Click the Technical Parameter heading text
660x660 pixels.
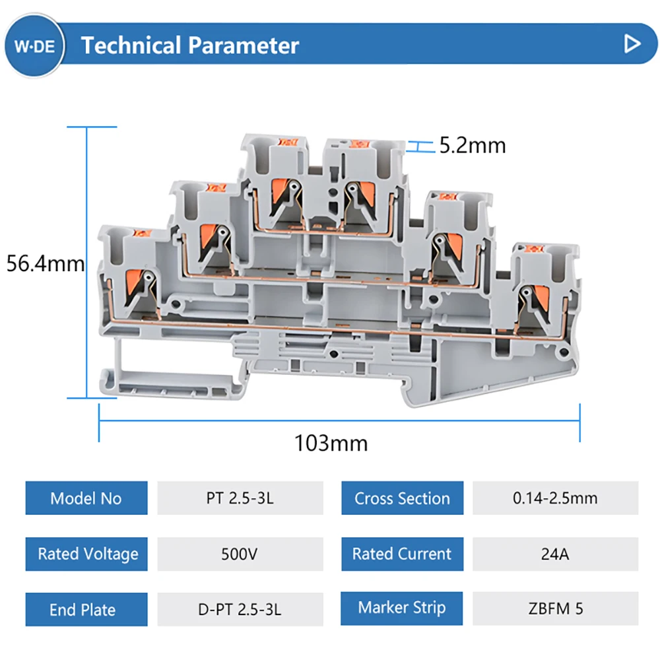190,46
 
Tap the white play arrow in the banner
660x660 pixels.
632,44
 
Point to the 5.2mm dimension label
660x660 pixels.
473,145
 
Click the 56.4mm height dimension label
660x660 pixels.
46,264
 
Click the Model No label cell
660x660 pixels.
86,498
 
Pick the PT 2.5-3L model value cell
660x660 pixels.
240,498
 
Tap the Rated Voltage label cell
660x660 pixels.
86,554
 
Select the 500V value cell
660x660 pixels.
240,554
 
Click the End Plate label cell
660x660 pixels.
86,609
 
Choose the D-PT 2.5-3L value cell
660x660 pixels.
240,609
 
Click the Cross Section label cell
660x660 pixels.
402,498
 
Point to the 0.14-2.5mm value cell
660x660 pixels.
555,498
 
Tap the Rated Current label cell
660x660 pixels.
402,554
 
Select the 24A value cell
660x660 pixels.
555,554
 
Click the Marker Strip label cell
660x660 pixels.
402,608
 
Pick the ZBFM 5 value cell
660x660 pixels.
555,608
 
